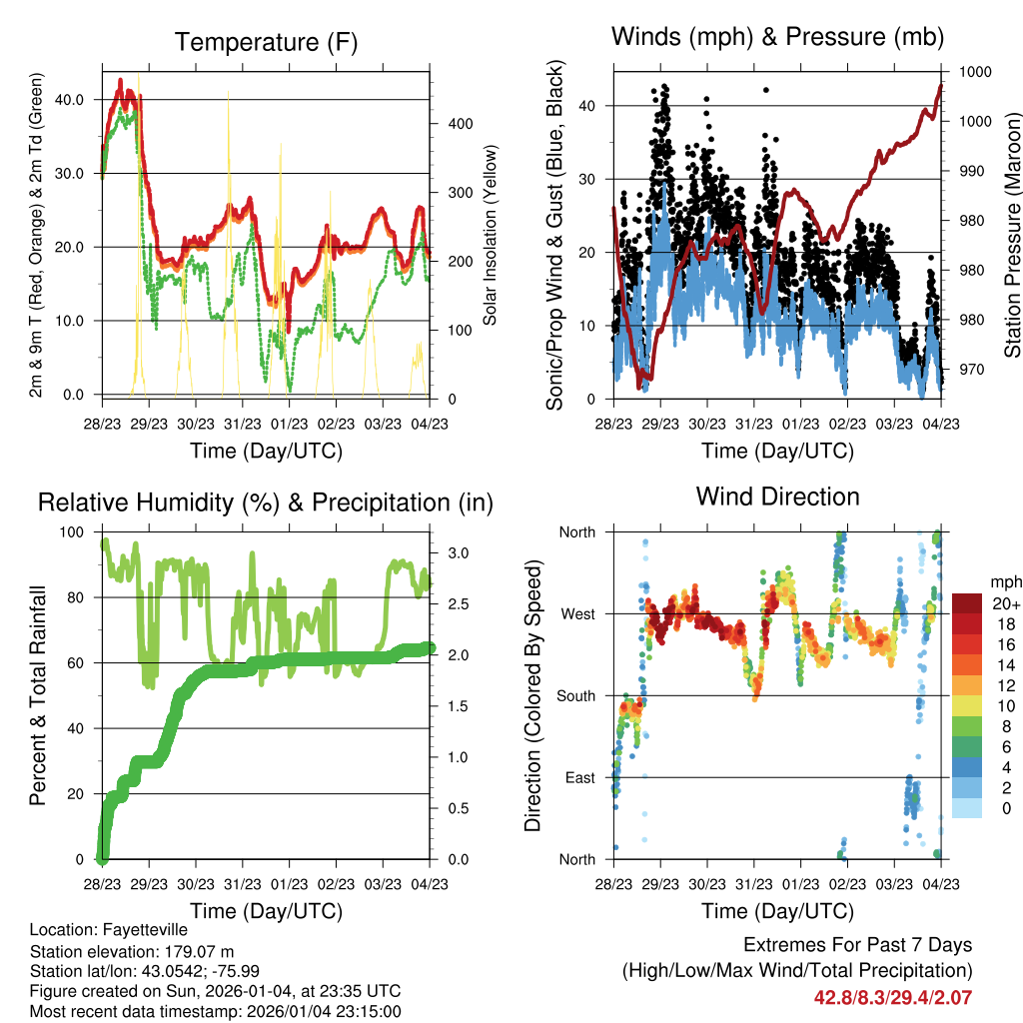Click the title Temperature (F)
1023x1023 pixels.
point(265,42)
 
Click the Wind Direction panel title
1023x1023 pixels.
point(777,497)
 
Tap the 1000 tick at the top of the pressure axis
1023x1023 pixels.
point(974,73)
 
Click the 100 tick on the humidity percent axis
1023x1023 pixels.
point(74,532)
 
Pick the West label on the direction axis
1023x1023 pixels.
point(577,614)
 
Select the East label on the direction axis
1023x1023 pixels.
point(579,778)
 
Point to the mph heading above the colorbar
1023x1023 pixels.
point(1004,581)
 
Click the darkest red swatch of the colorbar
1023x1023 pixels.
point(969,603)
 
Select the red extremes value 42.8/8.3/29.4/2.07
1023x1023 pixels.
point(893,997)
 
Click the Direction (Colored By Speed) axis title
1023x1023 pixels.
point(532,694)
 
